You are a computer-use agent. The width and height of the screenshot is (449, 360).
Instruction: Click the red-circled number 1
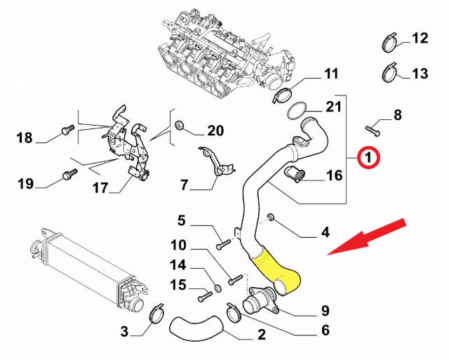(x=368, y=156)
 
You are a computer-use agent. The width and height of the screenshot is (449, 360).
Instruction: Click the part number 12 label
(x=420, y=38)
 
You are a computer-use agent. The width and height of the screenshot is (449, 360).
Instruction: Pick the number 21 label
(x=333, y=107)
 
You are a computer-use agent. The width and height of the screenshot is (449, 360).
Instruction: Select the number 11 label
(x=331, y=73)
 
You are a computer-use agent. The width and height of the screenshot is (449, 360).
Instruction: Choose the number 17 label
(x=100, y=188)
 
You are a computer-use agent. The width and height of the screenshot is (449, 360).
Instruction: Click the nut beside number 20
(x=180, y=126)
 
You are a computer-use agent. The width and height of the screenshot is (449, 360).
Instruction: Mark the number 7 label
(x=185, y=185)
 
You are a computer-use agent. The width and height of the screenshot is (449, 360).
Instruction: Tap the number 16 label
(x=334, y=175)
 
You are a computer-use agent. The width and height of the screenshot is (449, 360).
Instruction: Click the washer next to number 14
(x=217, y=287)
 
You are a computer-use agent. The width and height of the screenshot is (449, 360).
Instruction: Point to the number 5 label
(x=181, y=221)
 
